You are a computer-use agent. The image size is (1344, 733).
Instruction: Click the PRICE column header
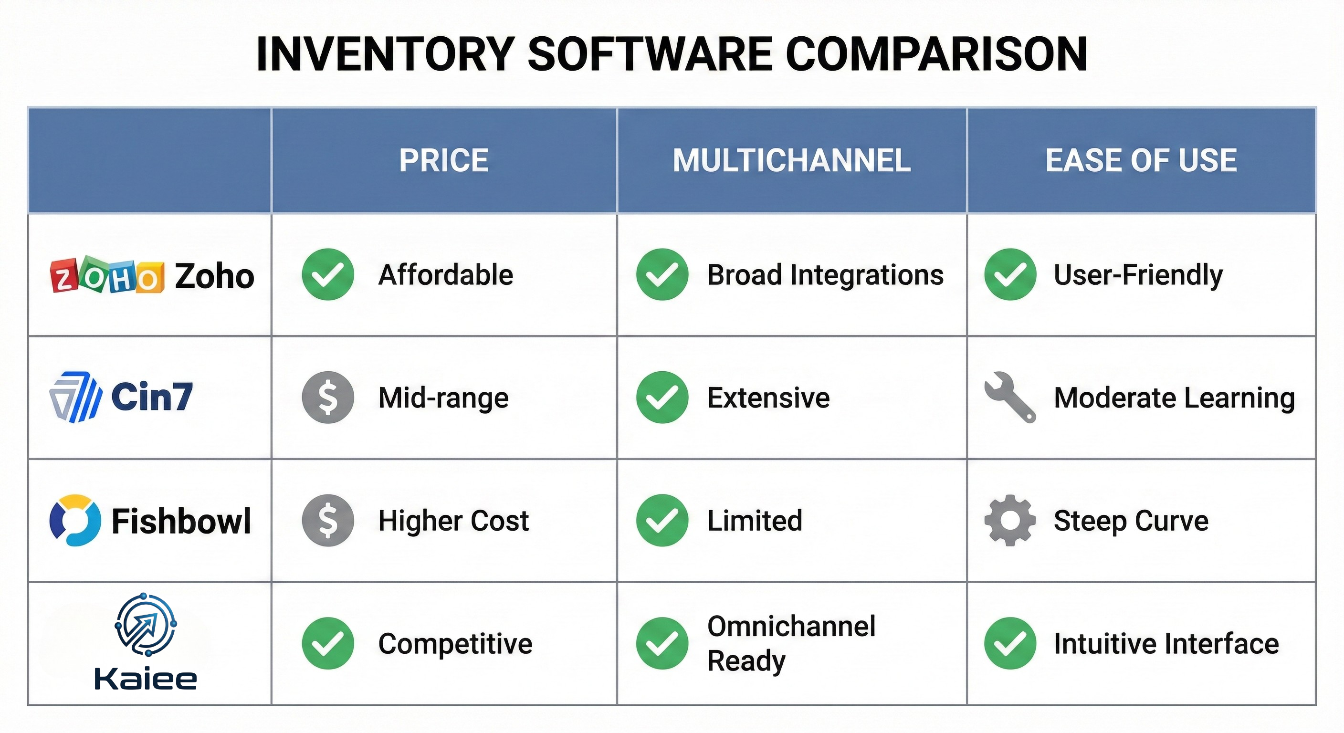click(x=443, y=160)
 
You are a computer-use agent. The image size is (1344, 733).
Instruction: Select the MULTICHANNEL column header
click(x=791, y=160)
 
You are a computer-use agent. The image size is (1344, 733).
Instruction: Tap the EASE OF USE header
click(x=1141, y=160)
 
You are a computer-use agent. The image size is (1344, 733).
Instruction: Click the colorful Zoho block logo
click(x=107, y=275)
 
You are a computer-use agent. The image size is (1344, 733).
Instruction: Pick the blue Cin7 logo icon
click(x=76, y=397)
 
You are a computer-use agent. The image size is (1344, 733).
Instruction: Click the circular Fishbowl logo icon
click(x=75, y=520)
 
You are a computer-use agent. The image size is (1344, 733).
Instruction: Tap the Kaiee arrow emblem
click(x=146, y=625)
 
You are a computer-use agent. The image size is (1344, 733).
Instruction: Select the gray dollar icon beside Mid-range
click(x=328, y=398)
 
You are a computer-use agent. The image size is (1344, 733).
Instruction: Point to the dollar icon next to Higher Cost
click(x=328, y=520)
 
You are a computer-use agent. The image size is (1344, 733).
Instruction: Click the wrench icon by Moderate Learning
click(x=1009, y=397)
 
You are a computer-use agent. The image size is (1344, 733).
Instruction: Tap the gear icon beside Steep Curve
click(x=1010, y=520)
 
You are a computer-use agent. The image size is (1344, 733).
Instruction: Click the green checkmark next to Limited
click(x=662, y=520)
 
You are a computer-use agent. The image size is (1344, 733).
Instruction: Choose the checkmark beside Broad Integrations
click(x=662, y=274)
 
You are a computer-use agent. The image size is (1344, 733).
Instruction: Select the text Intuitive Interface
click(x=1166, y=643)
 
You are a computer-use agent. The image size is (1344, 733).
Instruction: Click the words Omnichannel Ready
click(x=791, y=643)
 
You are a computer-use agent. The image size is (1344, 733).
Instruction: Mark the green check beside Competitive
click(x=328, y=643)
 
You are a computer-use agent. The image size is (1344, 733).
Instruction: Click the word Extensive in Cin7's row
click(x=768, y=398)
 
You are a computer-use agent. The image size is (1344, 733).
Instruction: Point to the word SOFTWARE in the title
click(x=650, y=54)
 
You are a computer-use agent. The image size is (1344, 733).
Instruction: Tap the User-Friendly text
click(x=1138, y=275)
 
